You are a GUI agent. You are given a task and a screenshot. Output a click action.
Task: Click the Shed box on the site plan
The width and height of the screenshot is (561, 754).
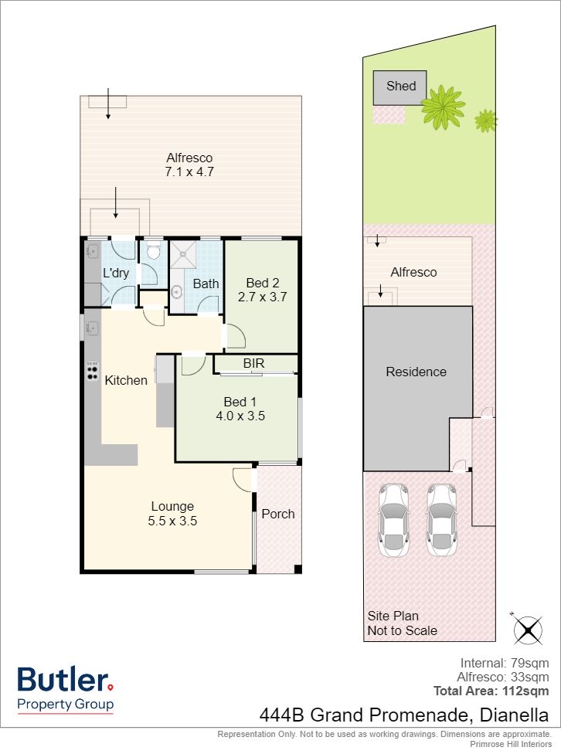pyautogui.click(x=399, y=87)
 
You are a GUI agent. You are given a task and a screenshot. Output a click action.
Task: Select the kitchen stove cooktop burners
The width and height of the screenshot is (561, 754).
pyautogui.click(x=93, y=371)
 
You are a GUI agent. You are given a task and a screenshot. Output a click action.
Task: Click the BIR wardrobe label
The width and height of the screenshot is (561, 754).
pyautogui.click(x=254, y=363)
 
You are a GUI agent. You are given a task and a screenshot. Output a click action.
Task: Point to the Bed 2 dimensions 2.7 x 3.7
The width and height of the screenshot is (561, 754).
pyautogui.click(x=262, y=297)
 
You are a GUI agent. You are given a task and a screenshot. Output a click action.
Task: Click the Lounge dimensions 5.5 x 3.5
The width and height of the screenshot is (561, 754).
pyautogui.click(x=172, y=521)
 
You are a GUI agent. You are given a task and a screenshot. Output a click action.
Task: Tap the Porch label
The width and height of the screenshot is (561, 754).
pyautogui.click(x=278, y=514)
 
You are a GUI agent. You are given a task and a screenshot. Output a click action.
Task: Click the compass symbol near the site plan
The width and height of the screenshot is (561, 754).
pyautogui.click(x=527, y=629)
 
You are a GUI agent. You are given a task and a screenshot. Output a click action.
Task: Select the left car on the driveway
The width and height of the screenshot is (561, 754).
pyautogui.click(x=393, y=520)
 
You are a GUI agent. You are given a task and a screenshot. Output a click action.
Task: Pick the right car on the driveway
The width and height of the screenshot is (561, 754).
pyautogui.click(x=441, y=520)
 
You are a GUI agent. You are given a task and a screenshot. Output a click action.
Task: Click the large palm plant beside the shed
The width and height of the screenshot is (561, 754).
pyautogui.click(x=443, y=107)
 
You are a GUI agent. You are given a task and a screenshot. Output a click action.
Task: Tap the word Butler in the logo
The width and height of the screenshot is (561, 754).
pyautogui.click(x=63, y=680)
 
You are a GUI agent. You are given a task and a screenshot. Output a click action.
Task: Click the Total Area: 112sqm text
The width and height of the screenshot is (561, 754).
pyautogui.click(x=491, y=691)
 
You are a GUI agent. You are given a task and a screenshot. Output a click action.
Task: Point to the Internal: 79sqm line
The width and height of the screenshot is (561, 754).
pyautogui.click(x=505, y=663)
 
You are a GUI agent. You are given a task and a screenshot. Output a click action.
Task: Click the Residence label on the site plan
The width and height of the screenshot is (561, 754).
pyautogui.click(x=416, y=372)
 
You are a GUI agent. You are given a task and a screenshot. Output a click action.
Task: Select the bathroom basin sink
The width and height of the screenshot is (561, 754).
pyautogui.click(x=177, y=291)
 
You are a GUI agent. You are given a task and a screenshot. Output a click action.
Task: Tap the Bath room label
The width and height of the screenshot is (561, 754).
pyautogui.click(x=206, y=284)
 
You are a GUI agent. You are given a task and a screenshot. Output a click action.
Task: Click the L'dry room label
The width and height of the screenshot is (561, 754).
pyautogui.click(x=116, y=273)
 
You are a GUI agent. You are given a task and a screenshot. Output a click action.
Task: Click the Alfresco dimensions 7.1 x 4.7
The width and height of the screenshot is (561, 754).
pyautogui.click(x=189, y=172)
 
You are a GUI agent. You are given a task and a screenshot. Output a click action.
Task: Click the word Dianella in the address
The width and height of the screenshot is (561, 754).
pyautogui.click(x=515, y=715)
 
